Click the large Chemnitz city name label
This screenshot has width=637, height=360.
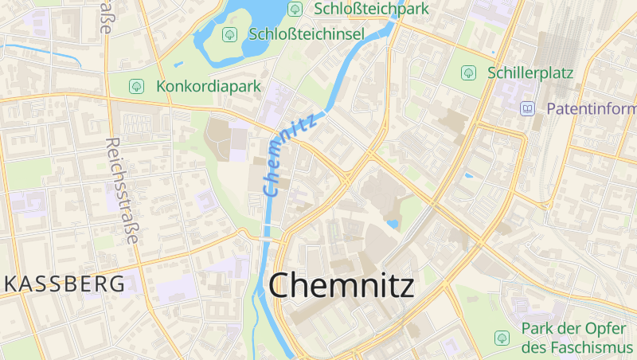click(x=342, y=285)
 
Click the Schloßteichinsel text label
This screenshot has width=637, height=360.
click(x=307, y=34)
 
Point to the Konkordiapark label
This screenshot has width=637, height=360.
click(x=209, y=85)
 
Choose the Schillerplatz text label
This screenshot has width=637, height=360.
click(x=530, y=72)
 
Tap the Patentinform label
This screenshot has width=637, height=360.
click(x=590, y=108)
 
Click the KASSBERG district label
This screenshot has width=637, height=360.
click(x=64, y=284)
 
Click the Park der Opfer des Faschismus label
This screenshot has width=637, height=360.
click(x=577, y=338)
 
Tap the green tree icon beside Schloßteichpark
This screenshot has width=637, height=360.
click(x=295, y=9)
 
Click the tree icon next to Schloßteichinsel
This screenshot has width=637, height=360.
click(x=229, y=34)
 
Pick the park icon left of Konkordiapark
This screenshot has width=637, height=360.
click(x=137, y=85)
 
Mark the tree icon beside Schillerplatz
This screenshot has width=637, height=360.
click(x=468, y=72)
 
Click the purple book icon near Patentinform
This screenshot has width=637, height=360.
click(x=527, y=108)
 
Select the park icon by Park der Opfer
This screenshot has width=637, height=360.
click(x=502, y=338)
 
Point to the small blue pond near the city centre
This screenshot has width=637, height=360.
click(x=393, y=224)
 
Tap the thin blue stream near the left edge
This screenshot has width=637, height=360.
click(x=40, y=53)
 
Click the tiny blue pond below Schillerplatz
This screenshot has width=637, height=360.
click(x=469, y=175)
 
